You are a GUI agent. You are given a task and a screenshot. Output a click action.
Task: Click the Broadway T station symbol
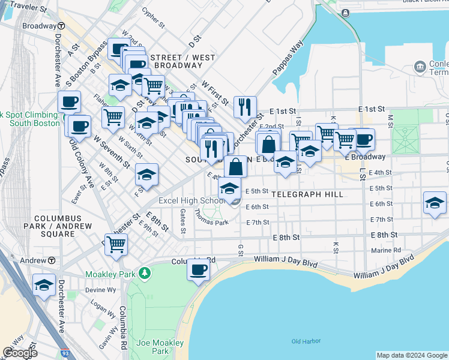point(62,26)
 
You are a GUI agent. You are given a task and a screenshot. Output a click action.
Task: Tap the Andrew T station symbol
point(52,260)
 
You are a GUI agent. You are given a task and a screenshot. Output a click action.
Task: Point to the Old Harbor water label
point(304,341)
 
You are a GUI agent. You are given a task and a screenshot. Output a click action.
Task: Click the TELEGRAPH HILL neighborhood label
point(307,194)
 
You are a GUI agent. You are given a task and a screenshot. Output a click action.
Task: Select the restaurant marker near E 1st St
point(244,106)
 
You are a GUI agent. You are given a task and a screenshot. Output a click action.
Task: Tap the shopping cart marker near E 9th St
point(115,244)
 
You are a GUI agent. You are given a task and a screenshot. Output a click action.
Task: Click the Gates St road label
point(183,220)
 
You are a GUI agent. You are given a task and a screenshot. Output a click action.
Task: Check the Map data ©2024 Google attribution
point(411,355)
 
